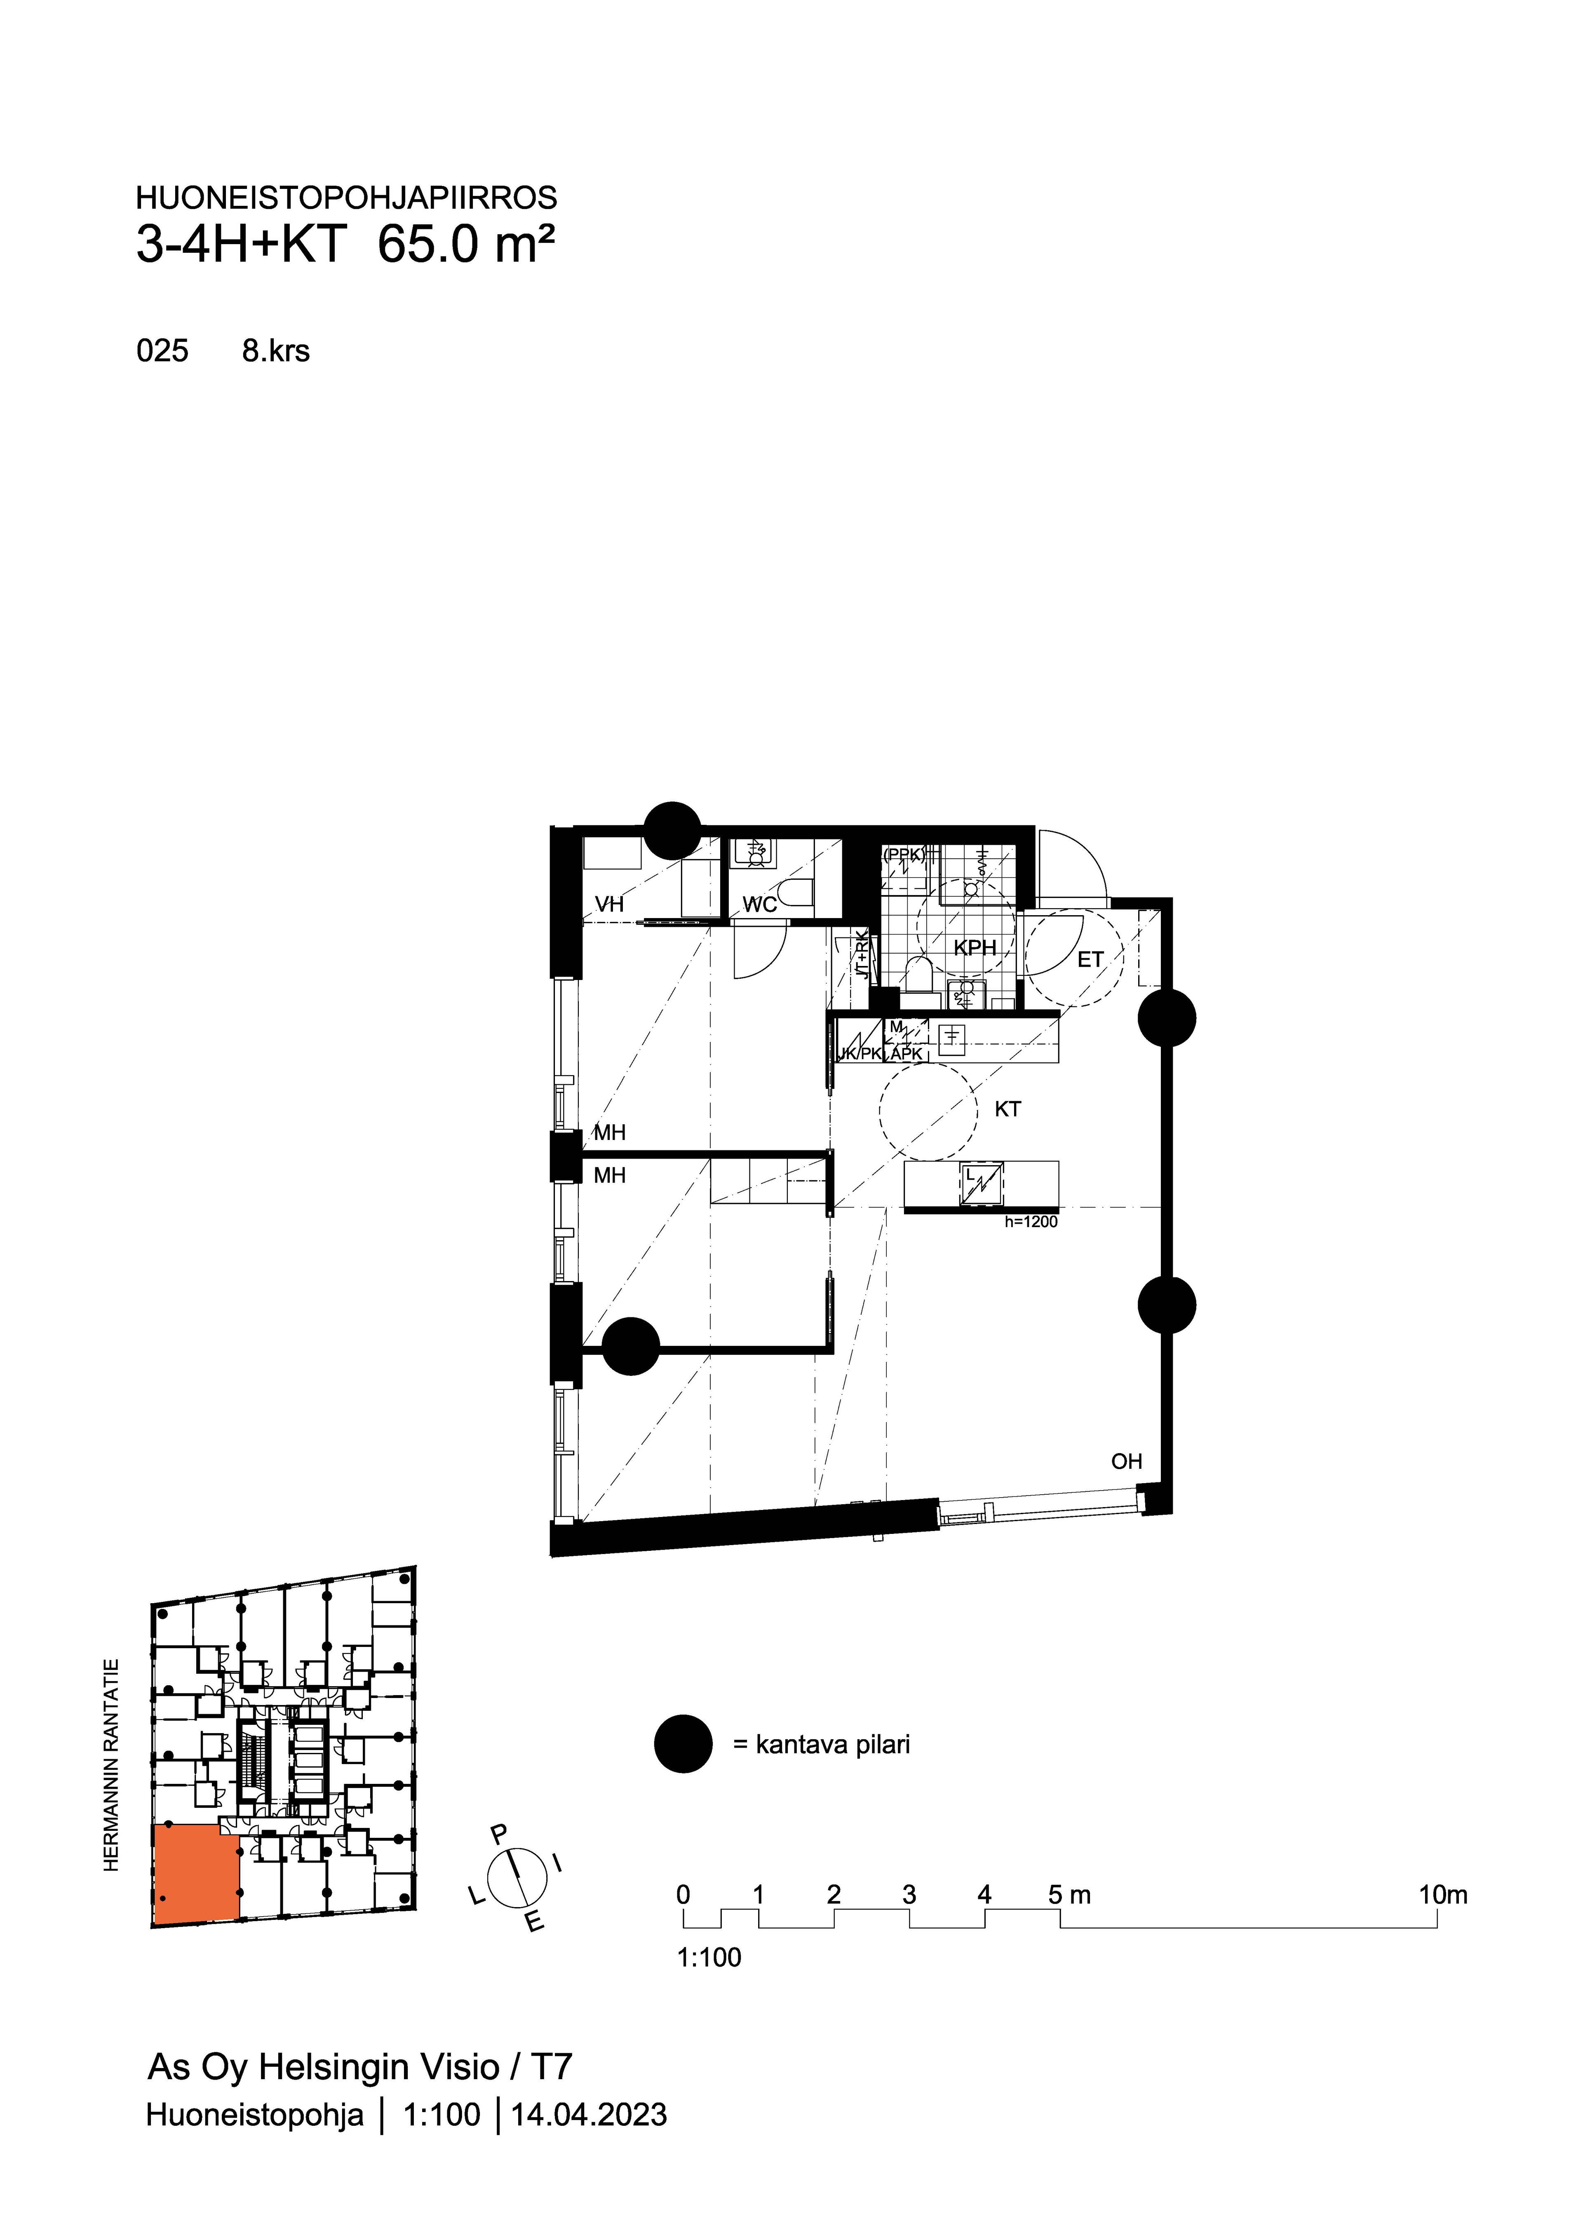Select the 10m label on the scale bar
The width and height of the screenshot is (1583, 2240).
click(1442, 1895)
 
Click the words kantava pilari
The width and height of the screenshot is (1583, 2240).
click(833, 1744)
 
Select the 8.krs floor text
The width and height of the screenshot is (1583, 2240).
click(276, 351)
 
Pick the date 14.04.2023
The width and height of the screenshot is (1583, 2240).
click(589, 2115)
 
